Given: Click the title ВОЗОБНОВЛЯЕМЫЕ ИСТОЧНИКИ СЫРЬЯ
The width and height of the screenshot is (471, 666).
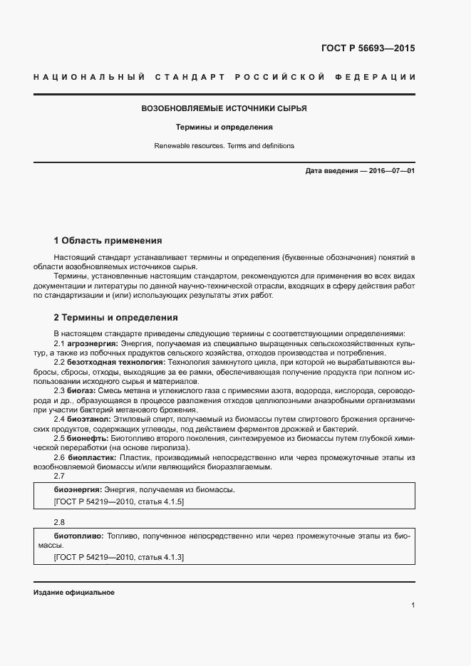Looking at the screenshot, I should (224, 109).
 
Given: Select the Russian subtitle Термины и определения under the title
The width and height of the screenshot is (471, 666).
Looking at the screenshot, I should (224, 128).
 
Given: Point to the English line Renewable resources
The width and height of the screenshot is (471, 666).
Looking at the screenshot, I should (189, 145).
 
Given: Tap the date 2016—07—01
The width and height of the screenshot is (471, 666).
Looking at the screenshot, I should (391, 172).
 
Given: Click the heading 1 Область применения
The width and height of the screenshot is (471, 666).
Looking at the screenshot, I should (108, 240).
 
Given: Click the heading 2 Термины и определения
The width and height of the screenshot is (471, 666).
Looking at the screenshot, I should (115, 318).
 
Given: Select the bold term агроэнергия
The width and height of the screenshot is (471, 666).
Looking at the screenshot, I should (93, 343).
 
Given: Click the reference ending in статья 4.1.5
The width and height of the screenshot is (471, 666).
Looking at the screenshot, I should (118, 502).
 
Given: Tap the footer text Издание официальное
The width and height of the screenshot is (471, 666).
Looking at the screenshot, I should (73, 593).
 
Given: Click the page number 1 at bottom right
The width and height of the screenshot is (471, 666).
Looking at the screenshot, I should (413, 605).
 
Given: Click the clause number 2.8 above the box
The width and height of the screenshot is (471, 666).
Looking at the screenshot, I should (59, 521).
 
